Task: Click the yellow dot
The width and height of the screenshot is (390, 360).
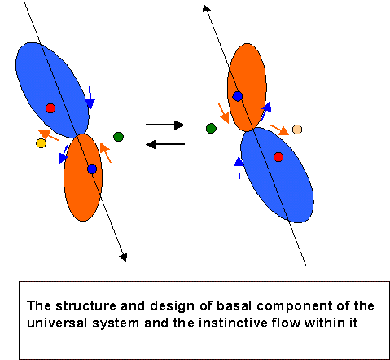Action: [x=41, y=143]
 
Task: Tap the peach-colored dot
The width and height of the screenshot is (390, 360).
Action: [x=297, y=130]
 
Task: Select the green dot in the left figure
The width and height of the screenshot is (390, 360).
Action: [x=118, y=137]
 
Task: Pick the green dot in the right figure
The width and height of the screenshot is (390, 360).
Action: [x=211, y=128]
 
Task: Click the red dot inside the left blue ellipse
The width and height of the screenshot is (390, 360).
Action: [x=50, y=108]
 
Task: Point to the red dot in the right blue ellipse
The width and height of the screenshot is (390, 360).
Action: [x=278, y=157]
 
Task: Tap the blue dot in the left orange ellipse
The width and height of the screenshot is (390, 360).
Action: [x=92, y=169]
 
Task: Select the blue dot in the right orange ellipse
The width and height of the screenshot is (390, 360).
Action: [x=238, y=96]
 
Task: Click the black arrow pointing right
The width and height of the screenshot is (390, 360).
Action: [x=165, y=125]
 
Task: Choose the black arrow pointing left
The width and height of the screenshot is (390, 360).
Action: [x=165, y=144]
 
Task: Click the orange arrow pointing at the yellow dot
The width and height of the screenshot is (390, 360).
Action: [x=48, y=135]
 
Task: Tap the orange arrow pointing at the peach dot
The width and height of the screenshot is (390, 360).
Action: [x=280, y=130]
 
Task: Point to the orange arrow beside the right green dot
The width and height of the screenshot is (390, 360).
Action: [x=224, y=113]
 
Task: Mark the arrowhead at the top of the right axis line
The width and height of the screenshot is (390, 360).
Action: [x=206, y=7]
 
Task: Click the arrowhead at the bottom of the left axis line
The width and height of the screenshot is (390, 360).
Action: [x=123, y=257]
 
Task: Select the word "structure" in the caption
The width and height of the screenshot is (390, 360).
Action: [x=85, y=306]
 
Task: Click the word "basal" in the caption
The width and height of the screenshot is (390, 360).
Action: [x=234, y=305]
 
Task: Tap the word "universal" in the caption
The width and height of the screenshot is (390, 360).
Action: [x=57, y=323]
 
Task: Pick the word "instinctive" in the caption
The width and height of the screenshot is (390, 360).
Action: [x=233, y=323]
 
